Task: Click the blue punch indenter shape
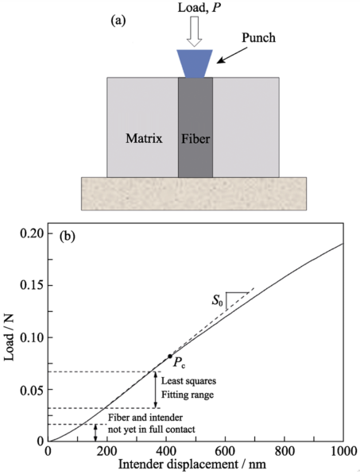click(195, 64)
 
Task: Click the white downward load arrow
click(194, 32)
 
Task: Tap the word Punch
click(258, 38)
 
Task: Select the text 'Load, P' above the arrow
click(199, 8)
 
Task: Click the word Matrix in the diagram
click(144, 138)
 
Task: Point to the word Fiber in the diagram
click(195, 139)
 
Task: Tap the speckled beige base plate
click(194, 194)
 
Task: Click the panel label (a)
click(118, 21)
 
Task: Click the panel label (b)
click(67, 236)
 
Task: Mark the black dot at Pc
click(170, 356)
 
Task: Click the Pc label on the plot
click(179, 363)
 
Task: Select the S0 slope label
click(217, 300)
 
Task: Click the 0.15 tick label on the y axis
click(32, 285)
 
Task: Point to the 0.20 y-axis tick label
click(32, 233)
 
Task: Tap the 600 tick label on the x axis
click(226, 451)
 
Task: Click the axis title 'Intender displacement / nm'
click(192, 464)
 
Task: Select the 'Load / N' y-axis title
click(9, 337)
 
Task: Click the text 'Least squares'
click(188, 380)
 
